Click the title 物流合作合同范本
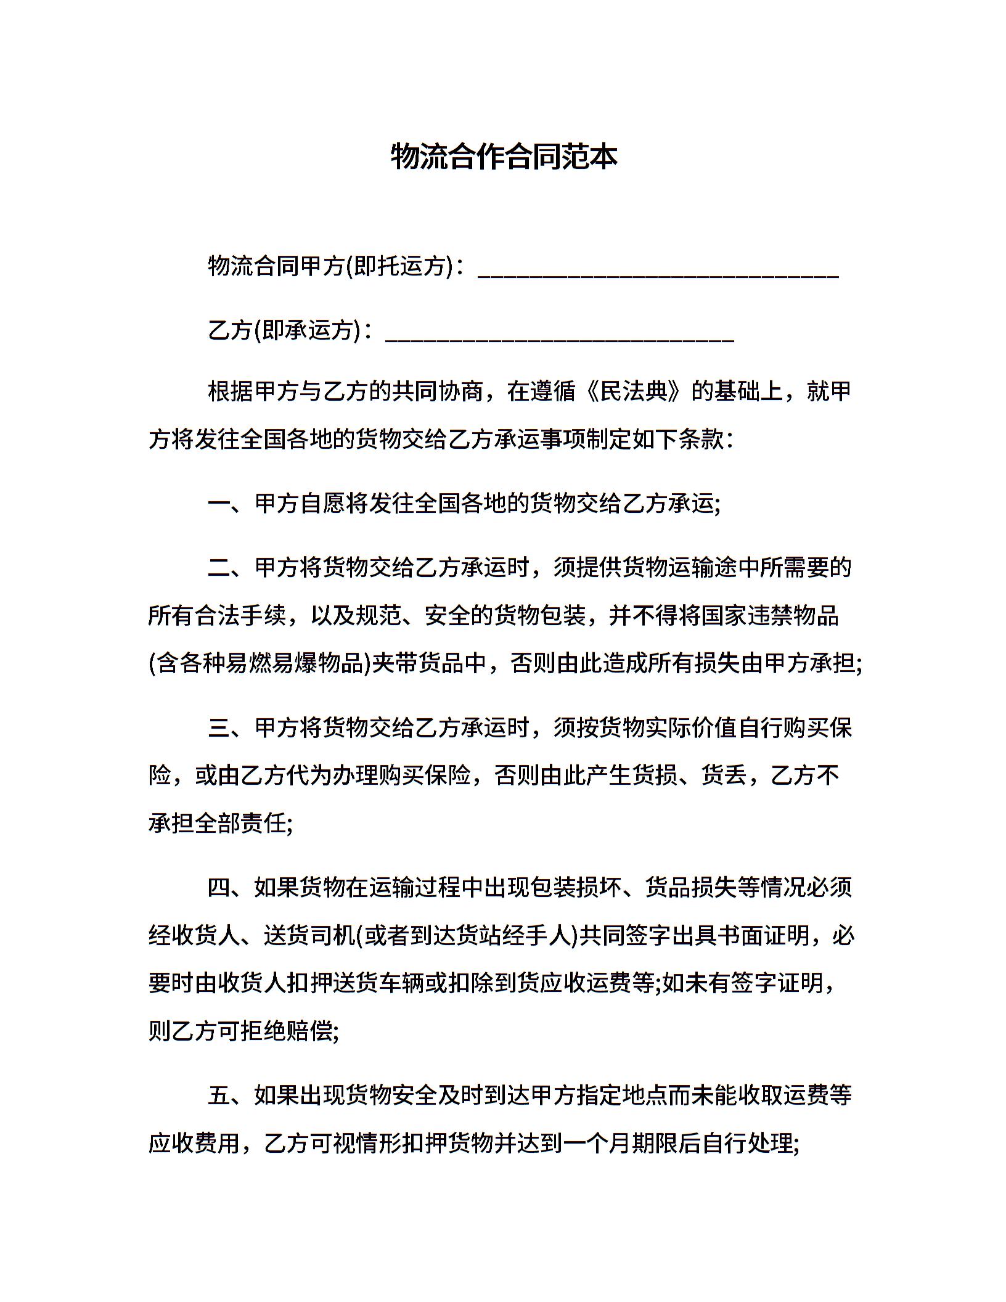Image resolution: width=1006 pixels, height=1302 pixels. tap(504, 157)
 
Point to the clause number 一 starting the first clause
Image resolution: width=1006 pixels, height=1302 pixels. tap(219, 504)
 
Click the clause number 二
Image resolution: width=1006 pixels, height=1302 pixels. tap(219, 567)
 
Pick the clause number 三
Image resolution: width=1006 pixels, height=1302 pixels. tap(219, 728)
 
